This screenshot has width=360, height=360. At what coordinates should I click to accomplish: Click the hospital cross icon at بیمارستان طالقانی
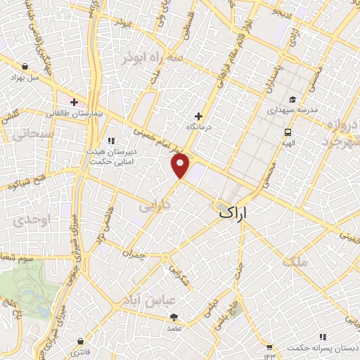pos(73,102)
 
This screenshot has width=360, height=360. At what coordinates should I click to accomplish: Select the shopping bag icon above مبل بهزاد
pos(25,67)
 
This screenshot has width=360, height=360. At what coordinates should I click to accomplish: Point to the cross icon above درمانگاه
pos(198,116)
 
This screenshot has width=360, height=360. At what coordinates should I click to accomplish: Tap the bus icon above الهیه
pos(288,132)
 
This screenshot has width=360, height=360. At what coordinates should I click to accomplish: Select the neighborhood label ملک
pos(295,262)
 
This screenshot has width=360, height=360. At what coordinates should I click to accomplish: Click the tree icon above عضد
pos(174,317)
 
